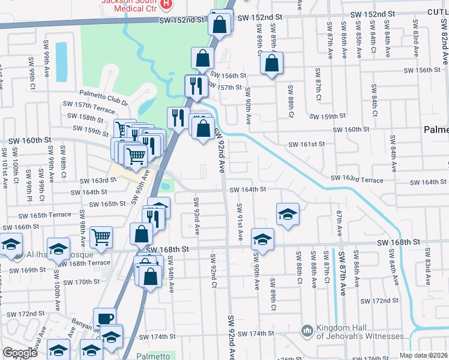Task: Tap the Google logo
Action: [x=20, y=353]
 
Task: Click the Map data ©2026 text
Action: [x=423, y=355]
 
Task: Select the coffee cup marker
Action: [x=104, y=319]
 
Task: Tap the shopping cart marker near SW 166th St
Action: [x=101, y=236]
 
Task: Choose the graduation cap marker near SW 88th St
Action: [x=288, y=214]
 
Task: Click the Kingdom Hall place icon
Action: [x=307, y=331]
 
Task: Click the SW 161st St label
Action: [x=306, y=144]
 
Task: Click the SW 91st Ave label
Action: [x=240, y=223]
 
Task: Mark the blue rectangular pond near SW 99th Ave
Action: [x=61, y=62]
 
